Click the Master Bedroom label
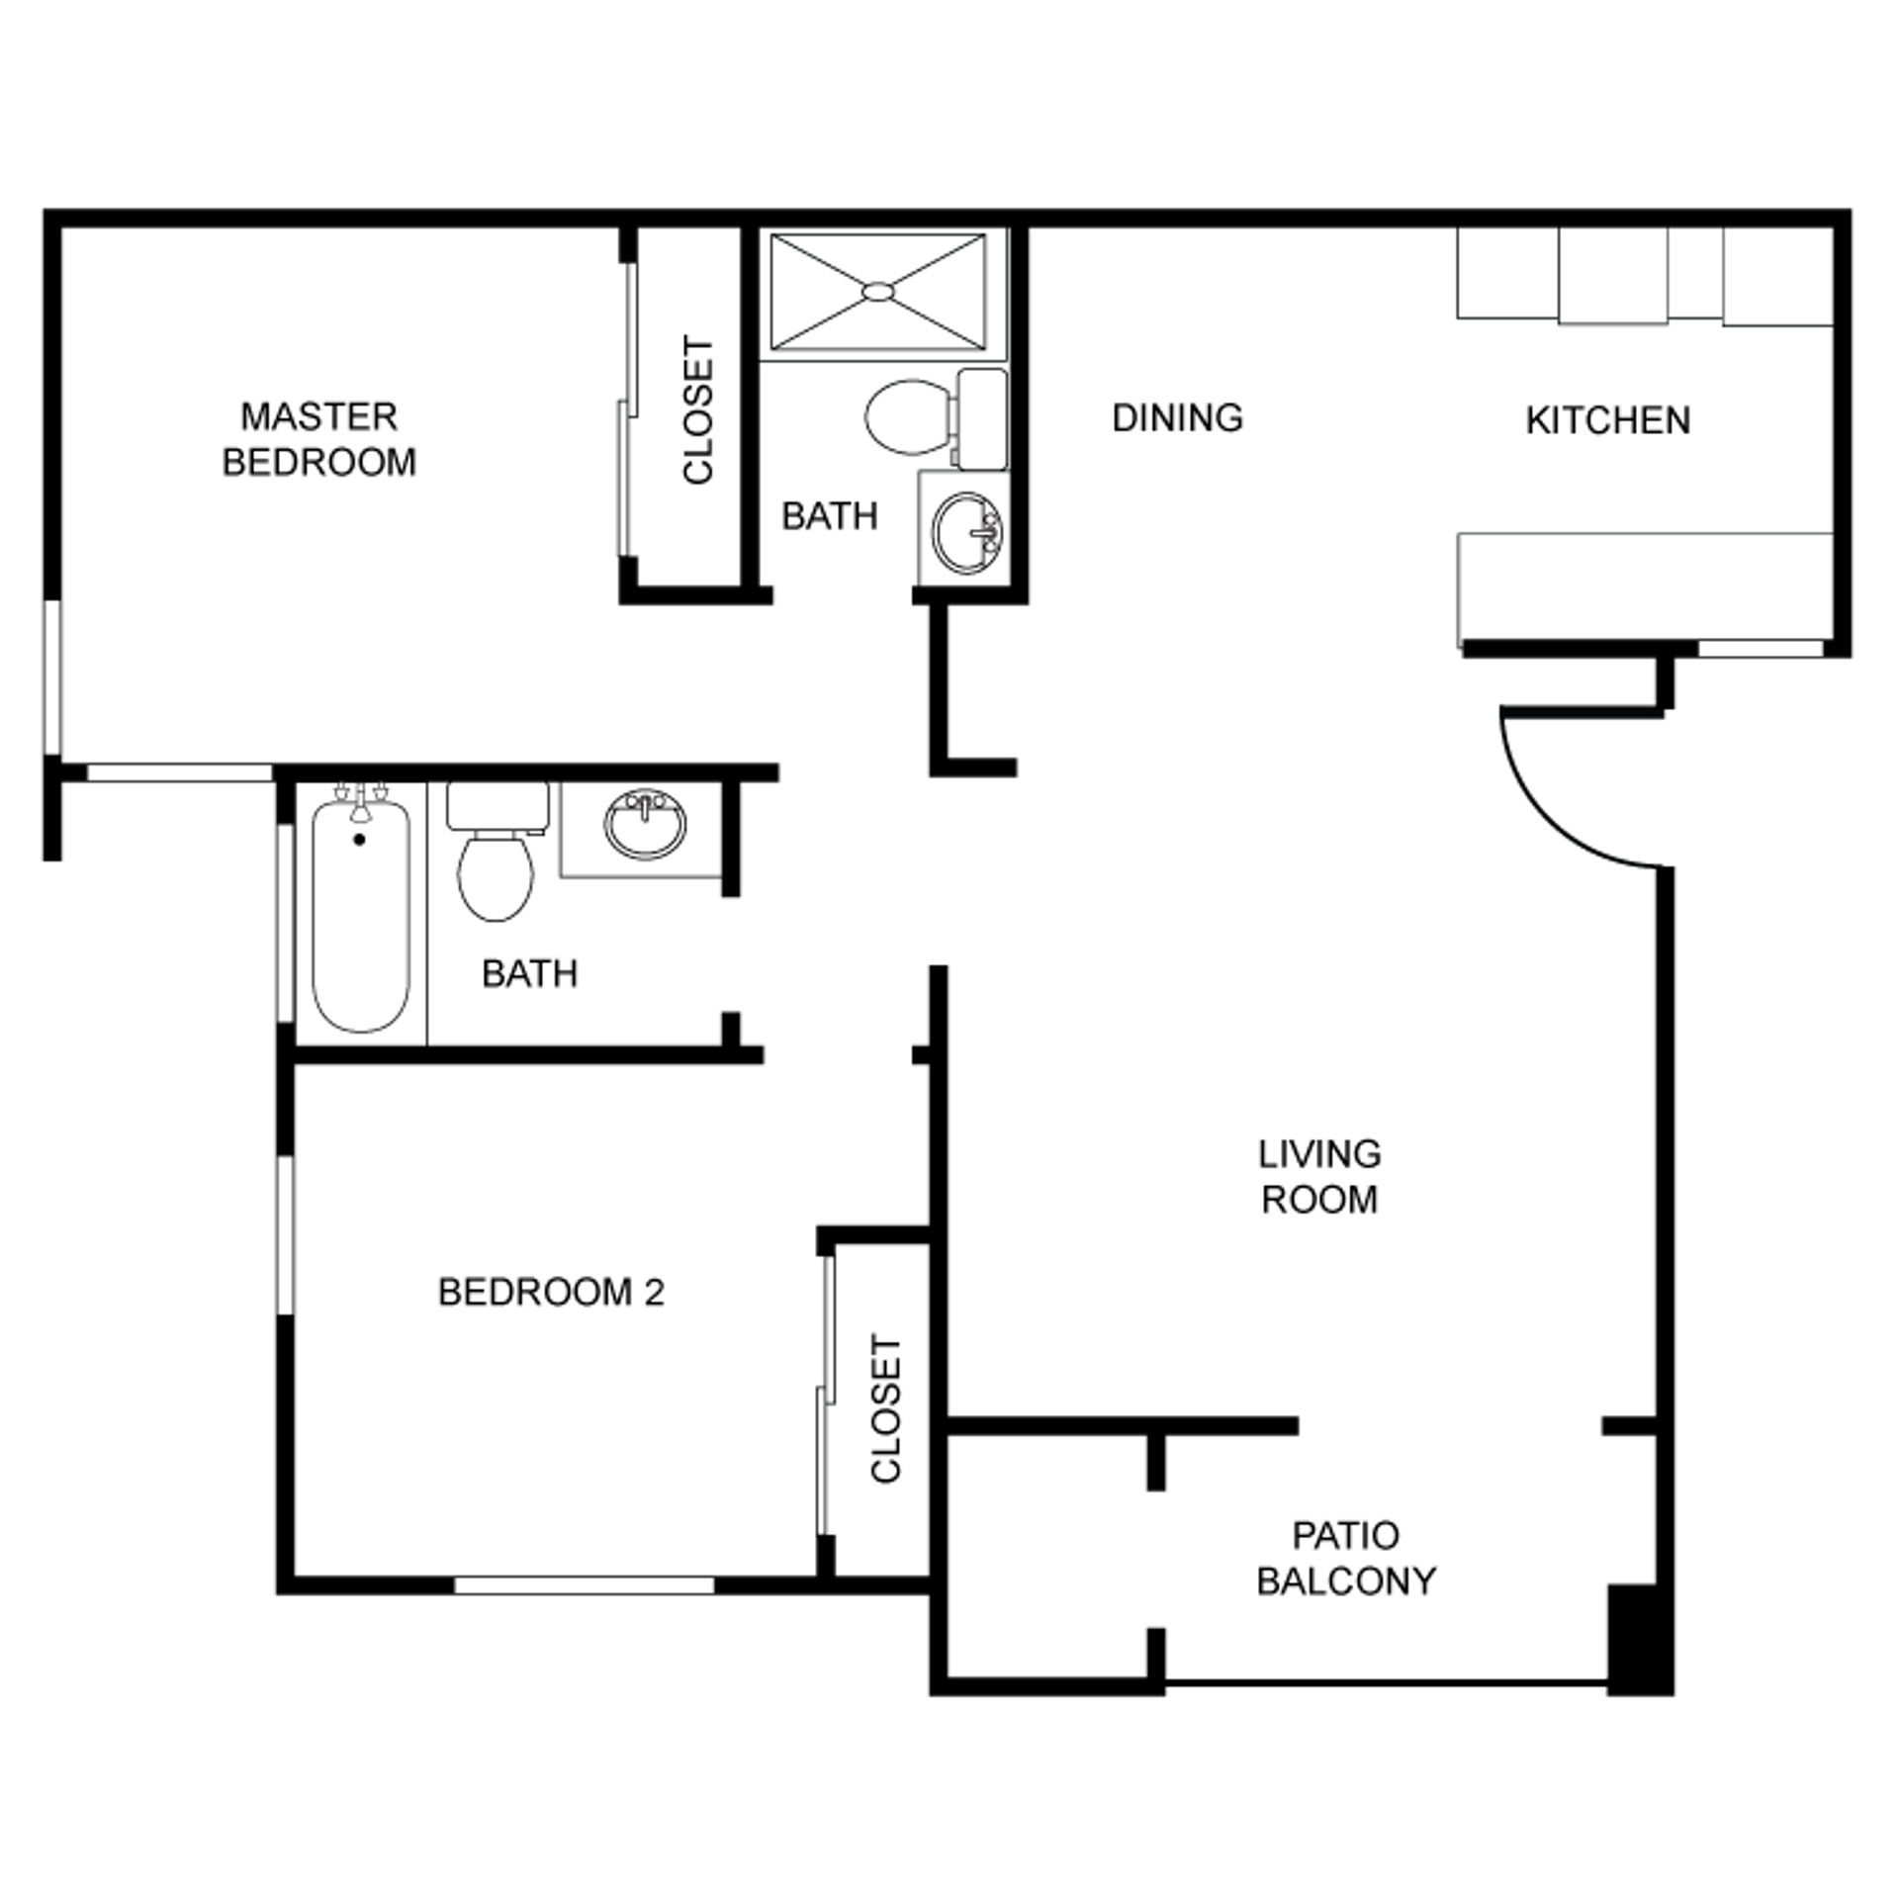[x=318, y=439]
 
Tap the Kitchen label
[x=1607, y=421]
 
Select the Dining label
[x=1177, y=418]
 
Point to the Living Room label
[x=1319, y=1177]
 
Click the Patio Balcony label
[x=1345, y=1558]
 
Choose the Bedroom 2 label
[x=551, y=1293]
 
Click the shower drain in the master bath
[x=877, y=291]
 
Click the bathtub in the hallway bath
[x=361, y=920]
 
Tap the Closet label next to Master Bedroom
[x=698, y=410]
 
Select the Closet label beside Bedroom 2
[x=886, y=1409]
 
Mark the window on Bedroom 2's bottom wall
[x=584, y=1584]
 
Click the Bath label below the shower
[x=829, y=516]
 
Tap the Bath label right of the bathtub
[x=529, y=974]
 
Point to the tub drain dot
[x=359, y=840]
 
